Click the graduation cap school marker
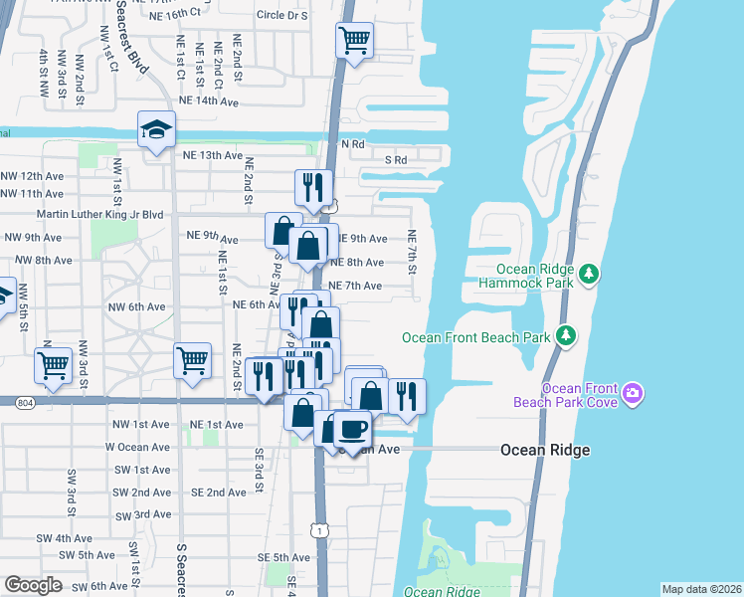tap(157, 130)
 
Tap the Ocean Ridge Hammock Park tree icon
tap(589, 272)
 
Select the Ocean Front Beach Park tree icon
tap(566, 335)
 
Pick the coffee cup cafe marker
tap(353, 429)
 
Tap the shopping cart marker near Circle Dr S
tap(354, 42)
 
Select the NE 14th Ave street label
tap(209, 101)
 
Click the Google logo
tap(32, 585)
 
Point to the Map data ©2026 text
tap(701, 589)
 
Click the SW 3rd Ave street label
tap(142, 514)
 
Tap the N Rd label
tap(353, 144)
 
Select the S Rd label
tap(396, 160)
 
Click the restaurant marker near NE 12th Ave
tap(313, 186)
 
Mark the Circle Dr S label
tap(284, 16)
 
